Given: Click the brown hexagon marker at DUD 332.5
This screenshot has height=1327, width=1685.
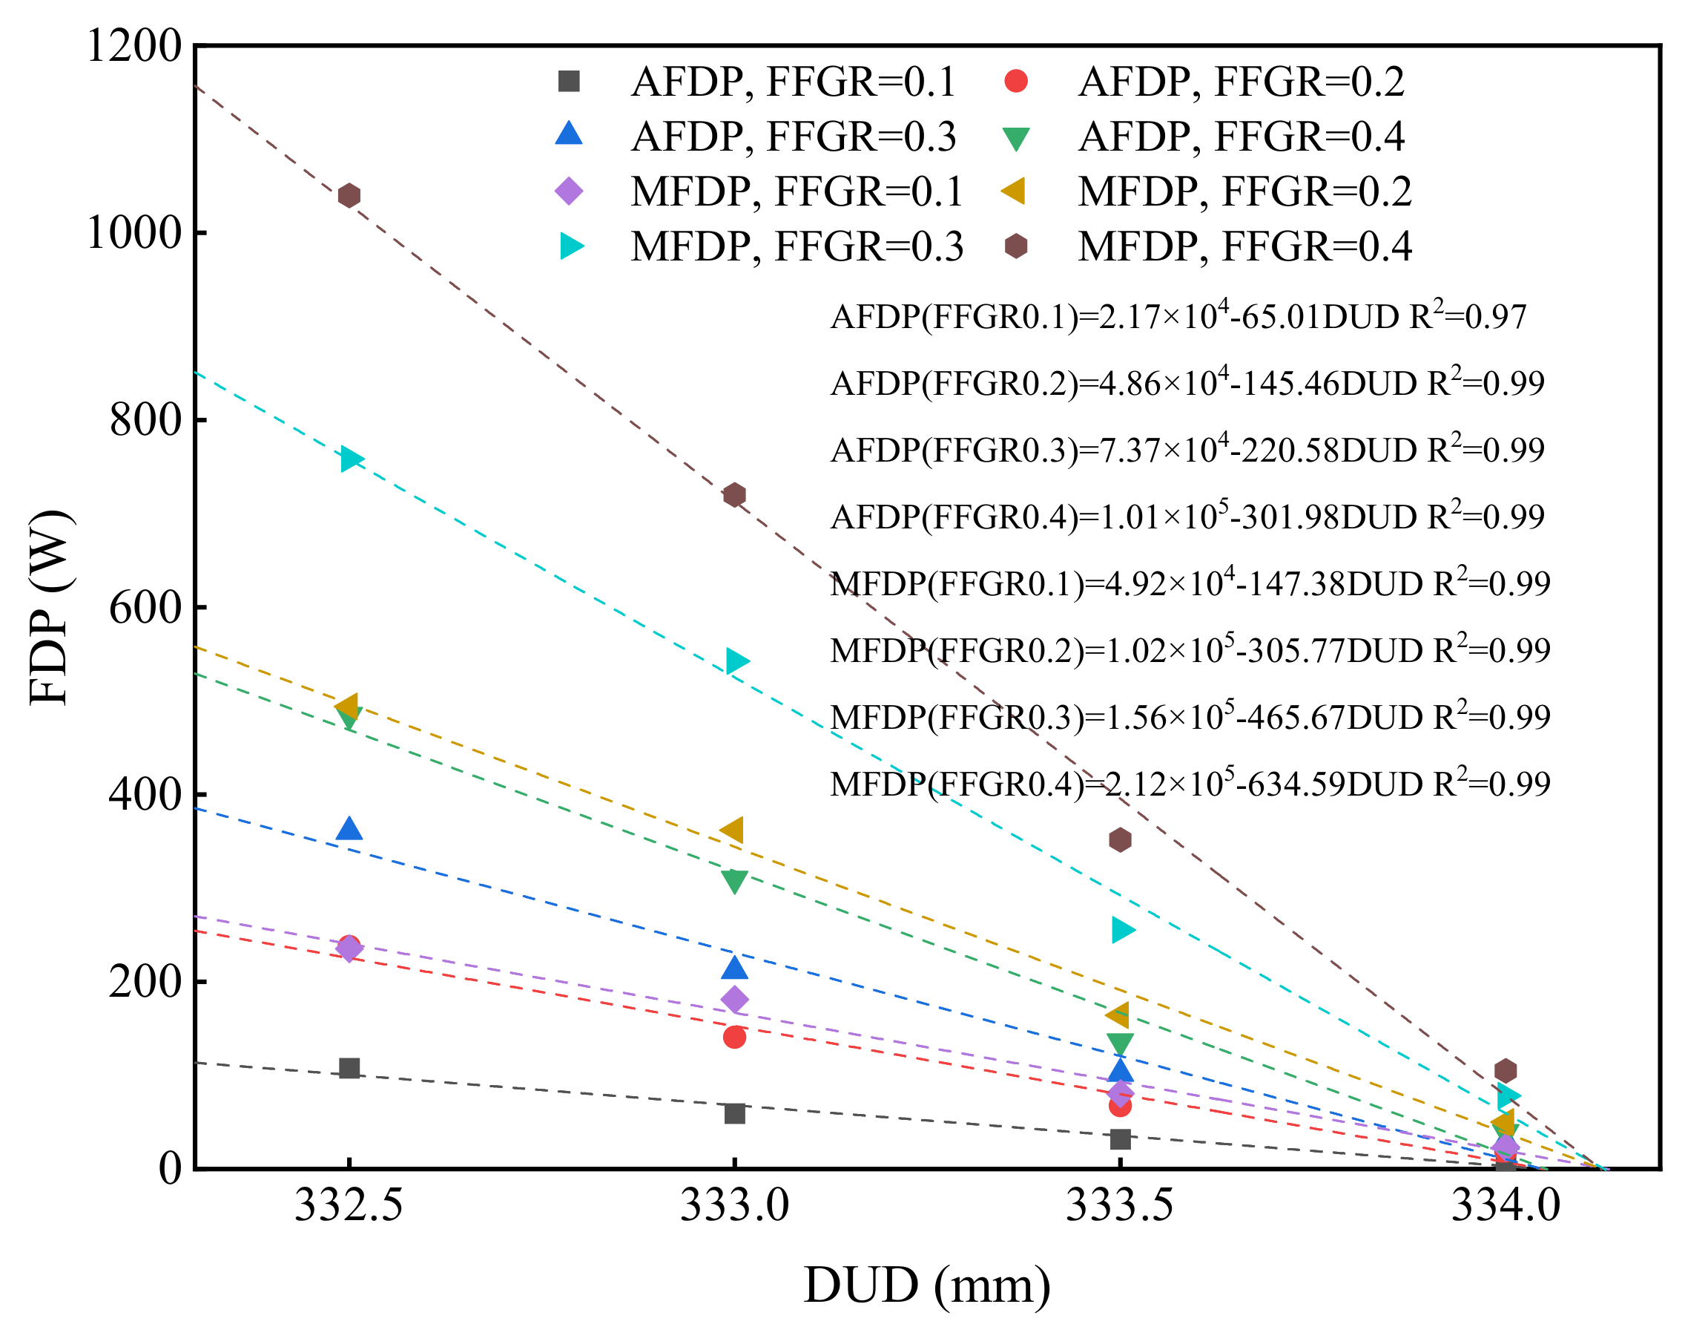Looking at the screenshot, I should tap(349, 195).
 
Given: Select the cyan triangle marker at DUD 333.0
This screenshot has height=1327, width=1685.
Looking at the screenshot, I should tap(736, 661).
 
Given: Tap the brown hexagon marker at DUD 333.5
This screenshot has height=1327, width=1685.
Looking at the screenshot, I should tap(1120, 840).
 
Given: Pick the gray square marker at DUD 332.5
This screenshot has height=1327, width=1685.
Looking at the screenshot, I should tap(349, 1068).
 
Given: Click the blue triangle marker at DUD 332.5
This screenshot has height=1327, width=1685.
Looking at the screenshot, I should tap(349, 830).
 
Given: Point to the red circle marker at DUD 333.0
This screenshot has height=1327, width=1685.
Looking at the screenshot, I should tap(734, 1038).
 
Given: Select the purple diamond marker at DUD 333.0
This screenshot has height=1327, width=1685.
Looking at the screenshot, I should tap(734, 1000).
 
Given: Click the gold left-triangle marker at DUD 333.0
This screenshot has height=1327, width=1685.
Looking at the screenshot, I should tap(733, 830).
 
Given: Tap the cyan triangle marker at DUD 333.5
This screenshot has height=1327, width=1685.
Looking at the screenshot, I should tap(1121, 930).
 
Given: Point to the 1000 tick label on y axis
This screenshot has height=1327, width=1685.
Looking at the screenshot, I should tap(133, 232).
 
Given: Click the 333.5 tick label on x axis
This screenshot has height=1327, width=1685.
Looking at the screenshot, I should tap(1119, 1207).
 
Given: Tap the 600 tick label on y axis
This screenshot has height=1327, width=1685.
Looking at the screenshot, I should tap(145, 607).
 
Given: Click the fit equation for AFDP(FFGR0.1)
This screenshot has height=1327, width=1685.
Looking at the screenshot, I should tap(1178, 316).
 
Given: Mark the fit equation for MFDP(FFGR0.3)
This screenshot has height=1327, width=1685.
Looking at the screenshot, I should tap(1190, 716).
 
